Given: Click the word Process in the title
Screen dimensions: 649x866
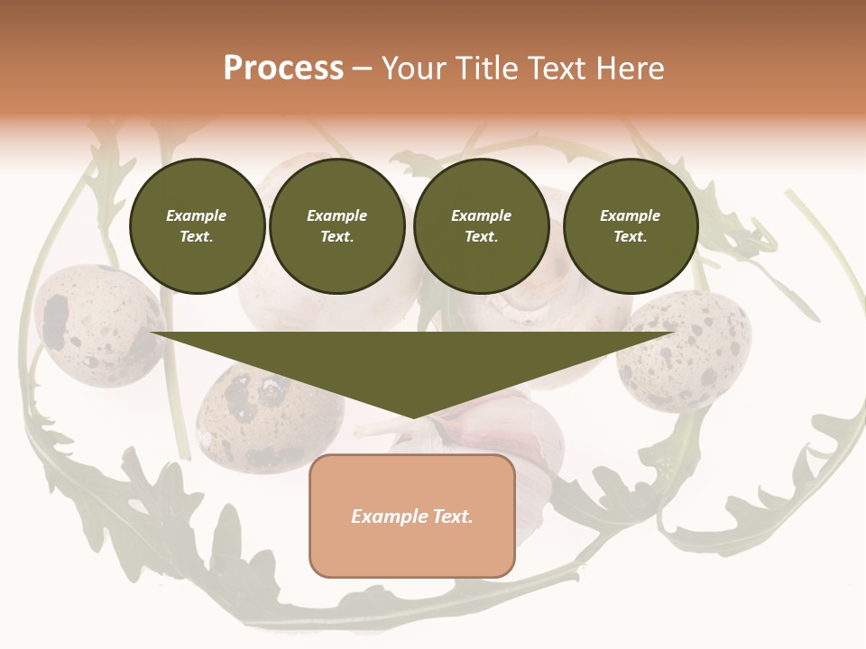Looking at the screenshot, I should pos(283,69).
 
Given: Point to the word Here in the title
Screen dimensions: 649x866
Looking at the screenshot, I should pos(630,69).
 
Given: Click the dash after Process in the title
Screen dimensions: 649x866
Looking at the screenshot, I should pos(363,69).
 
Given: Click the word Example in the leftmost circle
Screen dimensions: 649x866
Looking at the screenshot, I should pos(197,215).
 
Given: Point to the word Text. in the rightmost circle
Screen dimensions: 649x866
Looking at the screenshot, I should pos(631,237).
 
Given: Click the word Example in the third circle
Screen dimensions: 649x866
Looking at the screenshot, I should pos(482,215).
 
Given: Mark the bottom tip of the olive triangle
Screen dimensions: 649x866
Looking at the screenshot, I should pos(413,416).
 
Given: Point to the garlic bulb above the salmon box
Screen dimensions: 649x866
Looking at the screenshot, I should pos(505,433).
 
